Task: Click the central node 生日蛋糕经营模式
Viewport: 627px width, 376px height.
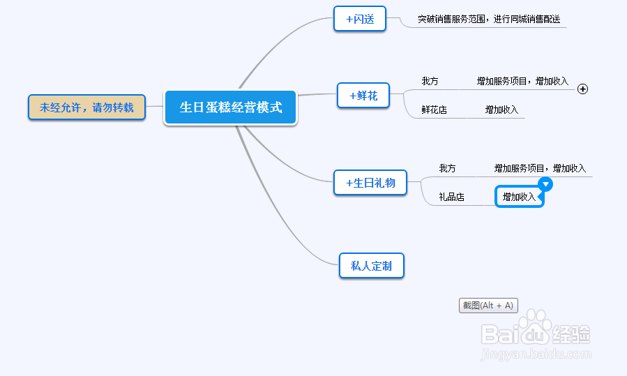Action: click(231, 107)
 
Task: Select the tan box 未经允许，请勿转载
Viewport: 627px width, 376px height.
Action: click(86, 107)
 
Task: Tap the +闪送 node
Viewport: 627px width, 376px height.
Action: click(360, 19)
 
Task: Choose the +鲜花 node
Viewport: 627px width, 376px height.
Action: click(363, 96)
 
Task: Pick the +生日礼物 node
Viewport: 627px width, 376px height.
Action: click(370, 183)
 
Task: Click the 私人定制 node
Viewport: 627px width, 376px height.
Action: click(372, 266)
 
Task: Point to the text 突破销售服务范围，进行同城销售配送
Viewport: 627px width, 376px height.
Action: click(489, 20)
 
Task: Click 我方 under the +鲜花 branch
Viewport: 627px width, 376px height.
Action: click(430, 81)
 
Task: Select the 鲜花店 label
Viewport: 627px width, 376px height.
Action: click(435, 110)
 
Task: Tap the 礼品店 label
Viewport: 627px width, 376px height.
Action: click(451, 197)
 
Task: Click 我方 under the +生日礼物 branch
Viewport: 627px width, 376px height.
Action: click(447, 168)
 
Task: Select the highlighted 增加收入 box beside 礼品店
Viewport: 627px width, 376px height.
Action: click(519, 197)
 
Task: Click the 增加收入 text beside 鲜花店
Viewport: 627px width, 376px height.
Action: click(501, 110)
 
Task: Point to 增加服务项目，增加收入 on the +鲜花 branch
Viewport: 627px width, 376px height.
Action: click(522, 81)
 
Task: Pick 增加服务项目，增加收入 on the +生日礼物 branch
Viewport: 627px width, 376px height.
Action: click(540, 168)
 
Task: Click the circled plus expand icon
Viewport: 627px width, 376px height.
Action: click(582, 89)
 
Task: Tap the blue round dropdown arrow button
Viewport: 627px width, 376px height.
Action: click(545, 184)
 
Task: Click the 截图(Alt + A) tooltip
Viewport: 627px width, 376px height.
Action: click(488, 306)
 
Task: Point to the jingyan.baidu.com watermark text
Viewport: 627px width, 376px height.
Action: click(536, 354)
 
